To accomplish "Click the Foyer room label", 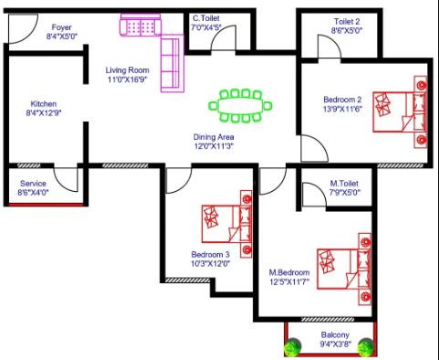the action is click(61, 27).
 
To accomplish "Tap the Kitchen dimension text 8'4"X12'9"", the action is click(44, 113).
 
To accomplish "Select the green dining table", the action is click(240, 106).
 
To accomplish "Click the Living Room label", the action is click(127, 70).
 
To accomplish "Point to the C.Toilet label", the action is click(206, 18).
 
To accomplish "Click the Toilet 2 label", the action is click(347, 22).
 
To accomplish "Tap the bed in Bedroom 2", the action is click(400, 111).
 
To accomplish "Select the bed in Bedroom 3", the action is click(226, 224).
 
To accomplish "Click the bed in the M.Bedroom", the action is click(344, 269).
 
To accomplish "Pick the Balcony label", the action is click(335, 335).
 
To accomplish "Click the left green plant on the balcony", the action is click(292, 347).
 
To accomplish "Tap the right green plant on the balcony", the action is click(366, 347).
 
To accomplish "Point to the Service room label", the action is click(33, 184).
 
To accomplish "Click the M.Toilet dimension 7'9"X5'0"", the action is click(345, 193).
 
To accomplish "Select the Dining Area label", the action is click(214, 137).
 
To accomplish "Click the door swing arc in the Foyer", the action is click(30, 37).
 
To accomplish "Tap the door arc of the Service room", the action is click(61, 185).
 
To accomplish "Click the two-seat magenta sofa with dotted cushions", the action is click(141, 25).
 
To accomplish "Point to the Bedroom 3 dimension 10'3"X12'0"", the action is click(210, 263).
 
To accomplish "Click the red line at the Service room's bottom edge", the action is click(46, 205).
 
